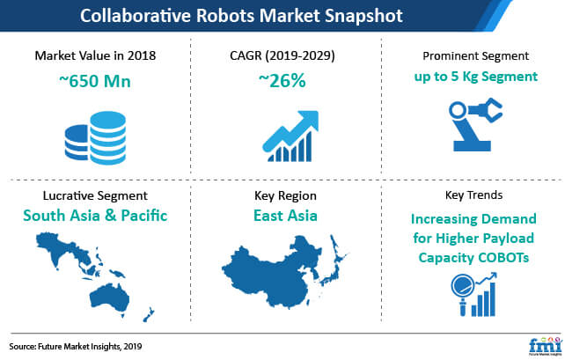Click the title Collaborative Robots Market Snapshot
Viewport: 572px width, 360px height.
pyautogui.click(x=241, y=16)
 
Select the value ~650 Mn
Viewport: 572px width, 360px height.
pyautogui.click(x=95, y=81)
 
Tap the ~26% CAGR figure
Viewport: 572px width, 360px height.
pyautogui.click(x=282, y=81)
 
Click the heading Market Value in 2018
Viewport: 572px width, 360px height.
pyautogui.click(x=95, y=55)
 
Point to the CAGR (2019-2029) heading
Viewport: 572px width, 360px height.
pyautogui.click(x=282, y=55)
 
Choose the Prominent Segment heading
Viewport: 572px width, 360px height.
pyautogui.click(x=476, y=55)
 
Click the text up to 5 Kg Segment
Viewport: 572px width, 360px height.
pyautogui.click(x=476, y=77)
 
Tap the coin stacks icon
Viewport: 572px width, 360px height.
pyautogui.click(x=96, y=138)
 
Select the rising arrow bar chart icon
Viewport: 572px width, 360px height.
pyautogui.click(x=290, y=136)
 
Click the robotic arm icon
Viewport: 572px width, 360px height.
pyautogui.click(x=474, y=125)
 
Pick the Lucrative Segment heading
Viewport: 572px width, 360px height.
pyautogui.click(x=95, y=196)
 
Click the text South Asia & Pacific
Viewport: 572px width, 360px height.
pyautogui.click(x=95, y=216)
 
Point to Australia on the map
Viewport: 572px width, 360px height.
pyautogui.click(x=109, y=298)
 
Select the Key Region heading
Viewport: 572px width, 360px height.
pyautogui.click(x=285, y=196)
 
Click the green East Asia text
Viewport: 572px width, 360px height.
pyautogui.click(x=285, y=216)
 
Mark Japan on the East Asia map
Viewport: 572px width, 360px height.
pyautogui.click(x=335, y=262)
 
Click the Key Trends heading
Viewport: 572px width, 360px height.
pyautogui.click(x=473, y=195)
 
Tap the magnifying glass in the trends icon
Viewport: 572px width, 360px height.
pyautogui.click(x=462, y=290)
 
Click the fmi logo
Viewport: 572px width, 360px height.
pyautogui.click(x=546, y=345)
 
